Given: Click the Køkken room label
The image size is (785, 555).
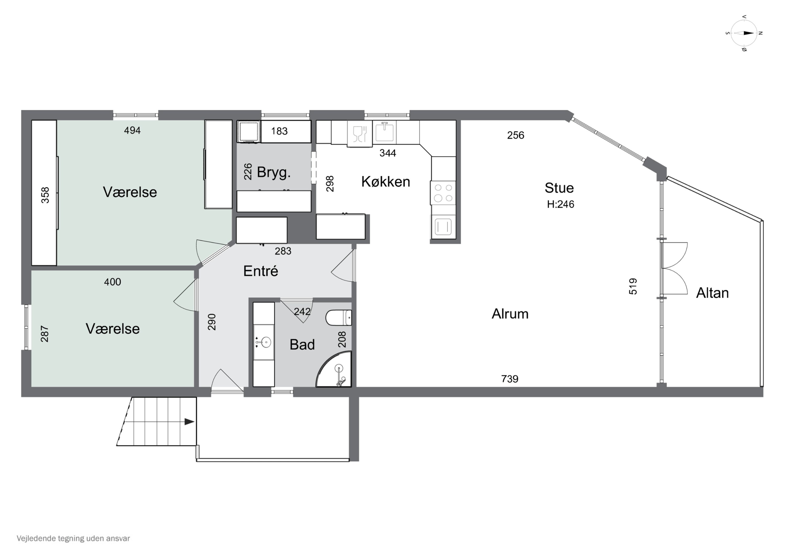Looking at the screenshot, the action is point(386,182).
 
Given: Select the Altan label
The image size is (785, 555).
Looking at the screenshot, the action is point(713,293).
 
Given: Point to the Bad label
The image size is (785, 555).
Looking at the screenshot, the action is point(302,344).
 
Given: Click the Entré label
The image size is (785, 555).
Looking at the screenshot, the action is point(261,271).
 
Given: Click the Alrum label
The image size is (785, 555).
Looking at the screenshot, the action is point(510,314).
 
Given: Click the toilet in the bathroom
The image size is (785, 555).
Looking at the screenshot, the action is point(339,317).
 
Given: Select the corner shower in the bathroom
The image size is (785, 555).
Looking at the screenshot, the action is point(334,369).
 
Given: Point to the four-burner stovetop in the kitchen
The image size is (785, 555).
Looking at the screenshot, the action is point(443,193).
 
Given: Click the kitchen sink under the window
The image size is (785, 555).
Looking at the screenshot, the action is point(385,132).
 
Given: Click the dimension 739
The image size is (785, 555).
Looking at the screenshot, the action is point(509,379).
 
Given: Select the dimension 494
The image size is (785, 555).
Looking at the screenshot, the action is point(132,130).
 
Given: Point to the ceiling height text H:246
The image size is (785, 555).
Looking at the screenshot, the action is point(560,204).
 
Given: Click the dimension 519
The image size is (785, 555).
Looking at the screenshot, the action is point(633,286).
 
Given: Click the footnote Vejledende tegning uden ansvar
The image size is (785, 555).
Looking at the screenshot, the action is point(73,539).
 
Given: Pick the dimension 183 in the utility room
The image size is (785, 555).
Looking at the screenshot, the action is point(279,131).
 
